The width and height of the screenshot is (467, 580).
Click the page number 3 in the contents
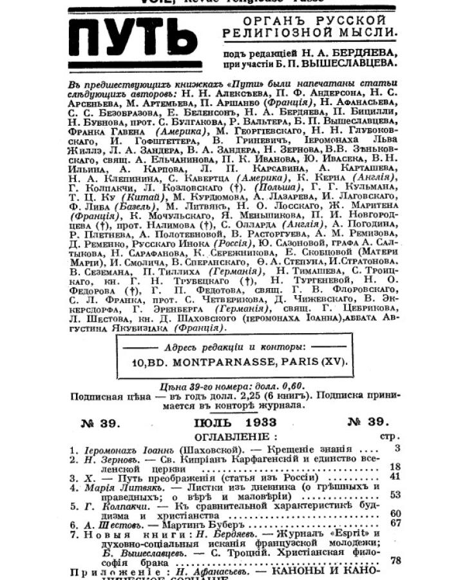point(397,448)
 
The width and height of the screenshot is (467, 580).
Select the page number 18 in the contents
point(395,467)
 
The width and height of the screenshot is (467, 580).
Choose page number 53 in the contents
point(395,495)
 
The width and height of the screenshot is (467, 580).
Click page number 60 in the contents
point(395,513)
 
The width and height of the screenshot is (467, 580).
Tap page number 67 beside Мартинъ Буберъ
point(395,523)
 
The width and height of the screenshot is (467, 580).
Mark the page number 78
point(395,561)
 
